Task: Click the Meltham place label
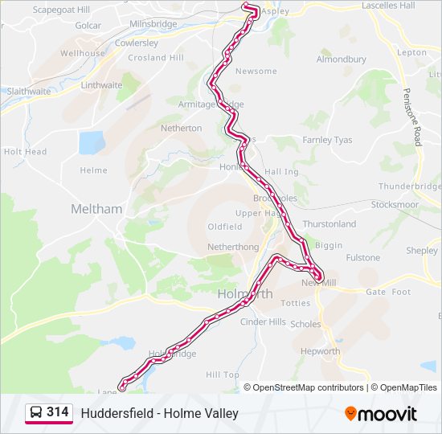coord(96,209)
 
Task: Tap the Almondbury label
coord(341,59)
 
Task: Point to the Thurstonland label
coord(329,224)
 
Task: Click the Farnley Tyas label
coord(327,140)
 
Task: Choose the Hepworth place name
coord(320,351)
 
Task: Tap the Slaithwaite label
coord(29,92)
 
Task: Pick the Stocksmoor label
coord(395,205)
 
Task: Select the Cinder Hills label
coord(264,322)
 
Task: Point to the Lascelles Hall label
coord(388,6)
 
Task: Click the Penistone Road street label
coord(412,117)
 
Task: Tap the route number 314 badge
coord(57,411)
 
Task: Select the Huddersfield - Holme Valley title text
coord(159,413)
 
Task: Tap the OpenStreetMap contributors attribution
coord(308,387)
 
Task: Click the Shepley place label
coord(421,251)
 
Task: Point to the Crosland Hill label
coord(156,58)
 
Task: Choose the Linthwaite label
coord(101,85)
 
